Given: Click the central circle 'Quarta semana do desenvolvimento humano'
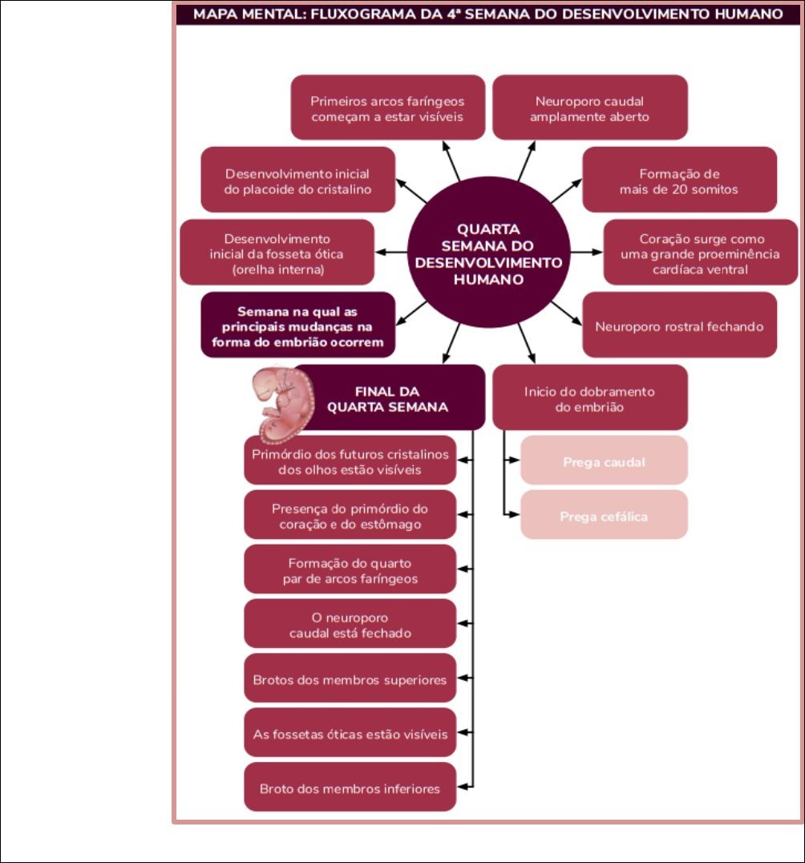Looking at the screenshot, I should pos(488,254).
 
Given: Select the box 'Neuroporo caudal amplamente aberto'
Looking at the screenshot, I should pos(590,108).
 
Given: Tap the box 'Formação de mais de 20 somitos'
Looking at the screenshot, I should pos(678,181).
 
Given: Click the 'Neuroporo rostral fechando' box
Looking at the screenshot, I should pos(679,326).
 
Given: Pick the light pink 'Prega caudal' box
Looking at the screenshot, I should pos(604,462).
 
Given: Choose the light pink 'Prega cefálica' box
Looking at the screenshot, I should pos(604,516).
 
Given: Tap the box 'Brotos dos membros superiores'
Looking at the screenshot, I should pos(350,679).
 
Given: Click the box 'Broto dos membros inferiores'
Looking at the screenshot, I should pos(350,788).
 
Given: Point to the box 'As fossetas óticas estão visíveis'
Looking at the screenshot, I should pos(350,734).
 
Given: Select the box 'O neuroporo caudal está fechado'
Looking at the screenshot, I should pos(350,626).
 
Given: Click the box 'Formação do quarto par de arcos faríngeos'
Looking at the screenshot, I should pos(350,570).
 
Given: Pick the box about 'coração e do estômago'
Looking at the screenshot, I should pos(350,517).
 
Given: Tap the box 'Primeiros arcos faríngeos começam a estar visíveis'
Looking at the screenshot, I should pos(387,108).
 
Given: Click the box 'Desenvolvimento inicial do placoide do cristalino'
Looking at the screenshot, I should pos(297,181).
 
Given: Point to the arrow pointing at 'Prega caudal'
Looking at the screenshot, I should pos(511,462).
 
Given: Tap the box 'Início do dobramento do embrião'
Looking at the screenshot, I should pos(589,399).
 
